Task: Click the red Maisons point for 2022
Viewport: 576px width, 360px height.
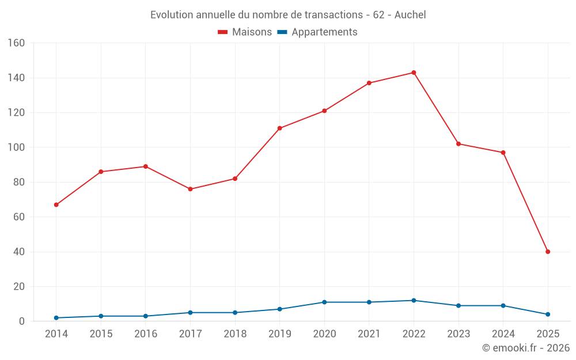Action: click(x=414, y=73)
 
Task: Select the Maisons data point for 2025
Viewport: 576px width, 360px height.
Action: click(x=548, y=252)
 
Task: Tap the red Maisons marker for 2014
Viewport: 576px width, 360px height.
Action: click(x=56, y=204)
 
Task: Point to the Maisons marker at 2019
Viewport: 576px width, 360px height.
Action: click(x=279, y=128)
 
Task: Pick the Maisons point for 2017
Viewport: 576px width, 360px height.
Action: click(x=190, y=189)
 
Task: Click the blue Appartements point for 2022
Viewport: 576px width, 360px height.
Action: click(x=414, y=301)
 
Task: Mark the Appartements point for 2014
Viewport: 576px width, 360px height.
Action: click(x=56, y=318)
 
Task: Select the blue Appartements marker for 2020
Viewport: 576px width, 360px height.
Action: click(x=324, y=302)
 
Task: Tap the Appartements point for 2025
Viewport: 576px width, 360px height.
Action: click(x=548, y=314)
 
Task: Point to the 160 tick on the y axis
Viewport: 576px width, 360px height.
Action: click(x=16, y=43)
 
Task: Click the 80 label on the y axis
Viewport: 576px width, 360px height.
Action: click(x=19, y=183)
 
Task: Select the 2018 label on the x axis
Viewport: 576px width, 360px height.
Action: click(x=235, y=334)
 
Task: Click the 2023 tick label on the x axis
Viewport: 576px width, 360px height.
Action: click(x=458, y=334)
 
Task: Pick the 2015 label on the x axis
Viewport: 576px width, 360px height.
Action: click(x=101, y=334)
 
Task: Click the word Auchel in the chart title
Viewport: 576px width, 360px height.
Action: click(x=410, y=15)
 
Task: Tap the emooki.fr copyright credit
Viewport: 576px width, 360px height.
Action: click(x=525, y=348)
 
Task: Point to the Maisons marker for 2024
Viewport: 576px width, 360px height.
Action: click(x=503, y=153)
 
